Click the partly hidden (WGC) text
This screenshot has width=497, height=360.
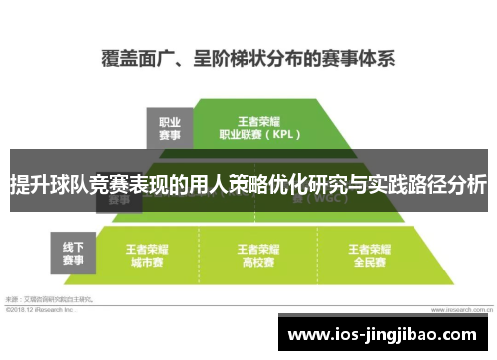coord(316,199)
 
